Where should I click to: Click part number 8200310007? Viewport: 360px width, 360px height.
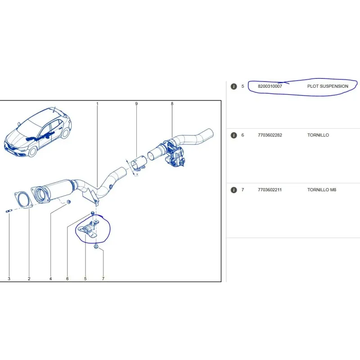pyautogui.click(x=270, y=86)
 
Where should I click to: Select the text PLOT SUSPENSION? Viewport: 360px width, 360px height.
pyautogui.click(x=328, y=86)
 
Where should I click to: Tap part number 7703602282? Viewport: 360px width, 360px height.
pyautogui.click(x=270, y=135)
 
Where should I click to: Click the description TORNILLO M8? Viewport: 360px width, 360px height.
pyautogui.click(x=322, y=189)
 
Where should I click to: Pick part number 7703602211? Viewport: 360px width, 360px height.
pyautogui.click(x=270, y=189)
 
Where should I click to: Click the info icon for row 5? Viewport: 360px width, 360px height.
pyautogui.click(x=234, y=86)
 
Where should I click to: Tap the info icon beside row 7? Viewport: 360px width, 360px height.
pyautogui.click(x=234, y=190)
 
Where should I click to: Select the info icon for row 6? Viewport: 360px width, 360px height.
pyautogui.click(x=234, y=135)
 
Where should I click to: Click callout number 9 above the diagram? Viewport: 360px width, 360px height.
pyautogui.click(x=136, y=104)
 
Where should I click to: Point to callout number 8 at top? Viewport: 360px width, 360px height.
pyautogui.click(x=172, y=104)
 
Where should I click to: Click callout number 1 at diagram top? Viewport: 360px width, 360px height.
pyautogui.click(x=97, y=104)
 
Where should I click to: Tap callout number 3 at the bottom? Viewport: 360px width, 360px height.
pyautogui.click(x=9, y=279)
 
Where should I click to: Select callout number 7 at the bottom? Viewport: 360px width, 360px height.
pyautogui.click(x=103, y=279)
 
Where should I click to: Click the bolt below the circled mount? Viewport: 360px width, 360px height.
pyautogui.click(x=96, y=247)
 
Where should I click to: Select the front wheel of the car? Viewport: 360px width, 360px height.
pyautogui.click(x=32, y=152)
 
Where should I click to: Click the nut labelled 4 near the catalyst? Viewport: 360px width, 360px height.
pyautogui.click(x=68, y=202)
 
